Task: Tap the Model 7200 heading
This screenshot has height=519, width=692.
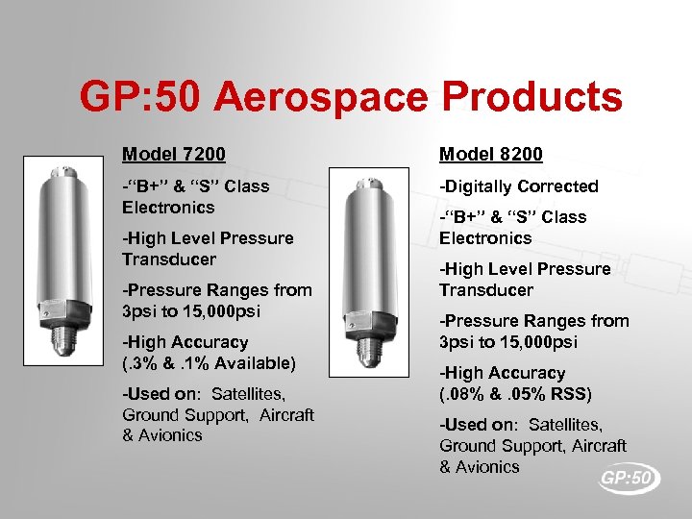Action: coord(174,154)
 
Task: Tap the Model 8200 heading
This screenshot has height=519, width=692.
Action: coord(491,154)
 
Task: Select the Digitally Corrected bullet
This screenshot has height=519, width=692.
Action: coord(519,186)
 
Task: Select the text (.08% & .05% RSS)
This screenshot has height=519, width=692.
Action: coord(515,393)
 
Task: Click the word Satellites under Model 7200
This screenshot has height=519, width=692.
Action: coord(253,393)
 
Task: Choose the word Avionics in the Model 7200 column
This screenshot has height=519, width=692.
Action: coord(170,435)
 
